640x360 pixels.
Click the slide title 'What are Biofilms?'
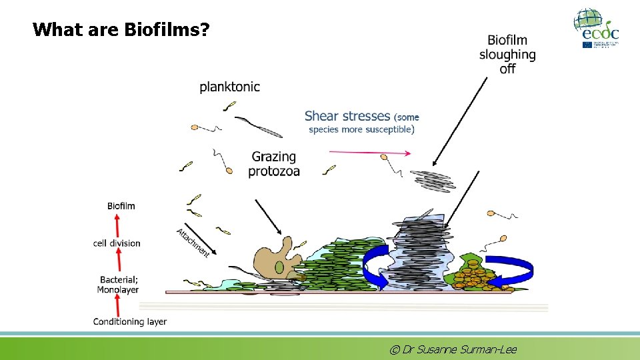tap(121, 30)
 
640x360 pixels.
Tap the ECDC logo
tap(597, 28)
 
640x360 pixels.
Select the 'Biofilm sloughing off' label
tap(507, 55)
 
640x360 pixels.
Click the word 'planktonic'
tap(229, 87)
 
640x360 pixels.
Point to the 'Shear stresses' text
tap(346, 116)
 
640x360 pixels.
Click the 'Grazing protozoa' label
tap(274, 164)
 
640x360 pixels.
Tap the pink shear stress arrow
tap(363, 153)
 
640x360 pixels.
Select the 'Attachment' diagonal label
tap(193, 243)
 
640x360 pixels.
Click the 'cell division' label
tap(117, 243)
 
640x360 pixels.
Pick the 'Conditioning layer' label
tap(130, 322)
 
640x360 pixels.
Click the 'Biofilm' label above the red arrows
tap(121, 206)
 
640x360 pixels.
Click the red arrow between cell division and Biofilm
tap(118, 225)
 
